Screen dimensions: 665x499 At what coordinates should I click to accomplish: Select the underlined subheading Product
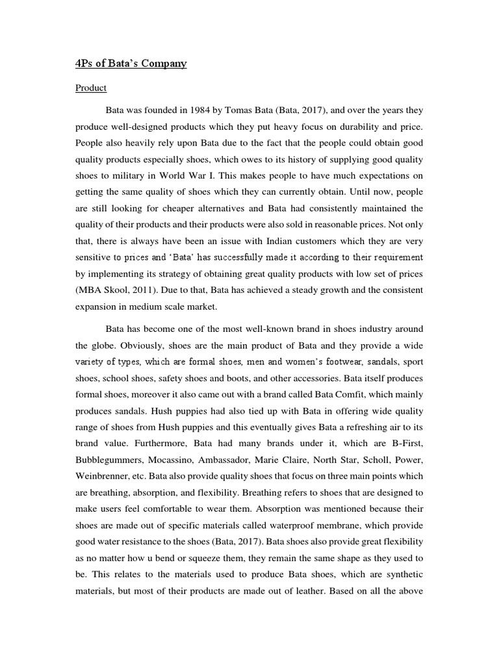click(x=91, y=88)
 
